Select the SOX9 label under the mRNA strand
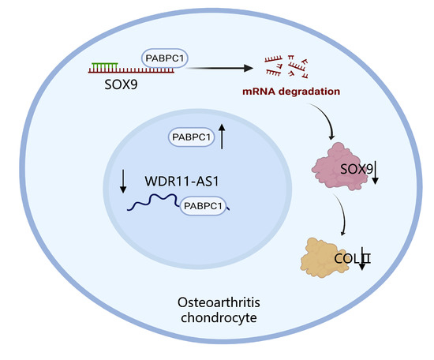(x=104, y=82)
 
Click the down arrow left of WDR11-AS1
(x=123, y=182)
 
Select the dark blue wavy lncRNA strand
(x=154, y=207)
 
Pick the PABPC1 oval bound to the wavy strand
(x=204, y=207)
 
